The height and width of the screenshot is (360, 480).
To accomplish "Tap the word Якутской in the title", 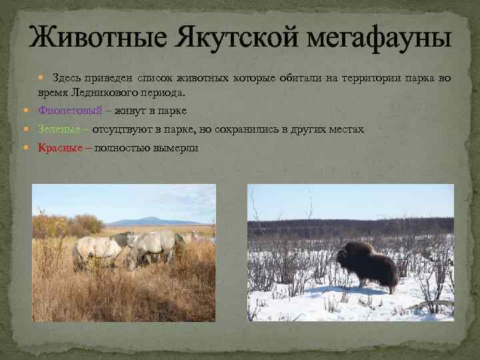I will tap(217, 36).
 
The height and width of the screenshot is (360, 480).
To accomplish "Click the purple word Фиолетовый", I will tap(70, 110).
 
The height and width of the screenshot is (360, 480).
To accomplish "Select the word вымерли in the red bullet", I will tap(174, 147).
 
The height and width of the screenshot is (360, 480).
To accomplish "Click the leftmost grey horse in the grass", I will tap(97, 250).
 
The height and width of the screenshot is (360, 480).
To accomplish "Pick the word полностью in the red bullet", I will tap(123, 147).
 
